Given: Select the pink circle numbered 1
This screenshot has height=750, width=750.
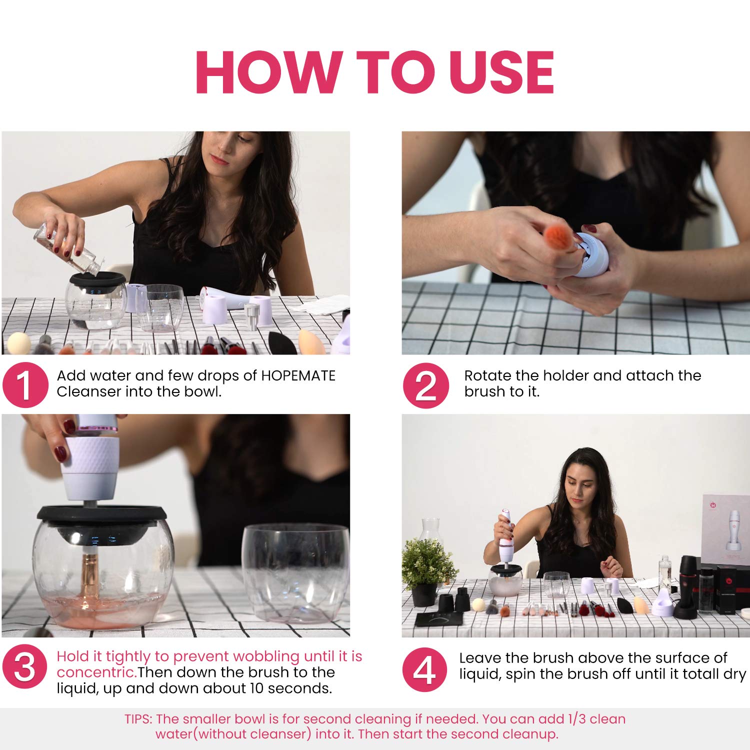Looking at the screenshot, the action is (25, 385).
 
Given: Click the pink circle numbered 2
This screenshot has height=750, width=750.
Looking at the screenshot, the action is (426, 385).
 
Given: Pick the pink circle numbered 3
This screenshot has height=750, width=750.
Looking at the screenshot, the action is (25, 667).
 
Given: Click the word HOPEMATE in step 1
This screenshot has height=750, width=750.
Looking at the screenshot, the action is (298, 375).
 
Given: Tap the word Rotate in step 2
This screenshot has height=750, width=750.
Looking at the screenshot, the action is (488, 375).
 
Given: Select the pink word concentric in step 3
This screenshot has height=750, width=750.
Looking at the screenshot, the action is (97, 672).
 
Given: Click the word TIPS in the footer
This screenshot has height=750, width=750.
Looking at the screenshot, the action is (137, 719).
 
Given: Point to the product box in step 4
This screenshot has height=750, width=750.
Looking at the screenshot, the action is (725, 530).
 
